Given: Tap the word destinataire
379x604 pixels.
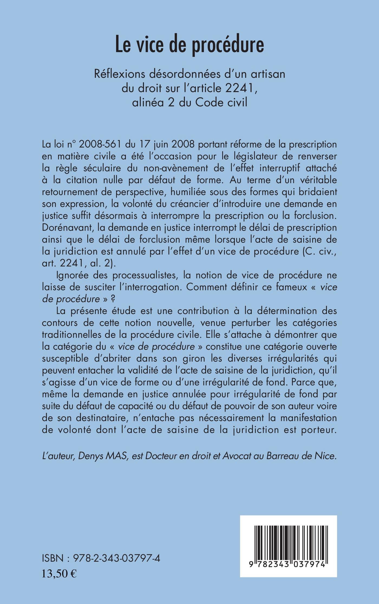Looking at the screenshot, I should coord(99,418).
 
